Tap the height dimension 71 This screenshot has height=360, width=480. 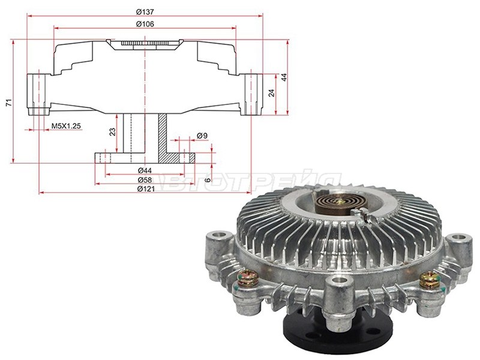tap(8, 103)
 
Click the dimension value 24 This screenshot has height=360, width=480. tap(272, 93)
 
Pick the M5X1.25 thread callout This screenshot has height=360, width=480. tap(65, 126)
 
